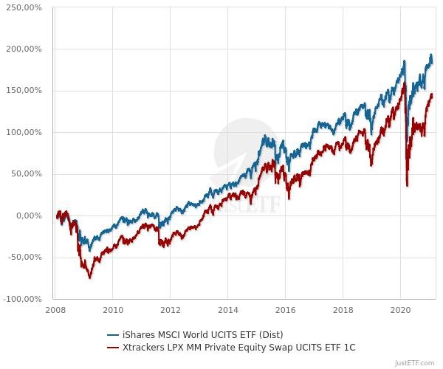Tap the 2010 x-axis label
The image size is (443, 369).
[113, 310]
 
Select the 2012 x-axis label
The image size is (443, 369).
[171, 310]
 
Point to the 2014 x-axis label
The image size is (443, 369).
[228, 310]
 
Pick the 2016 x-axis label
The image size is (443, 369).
[286, 310]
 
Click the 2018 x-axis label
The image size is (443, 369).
[343, 310]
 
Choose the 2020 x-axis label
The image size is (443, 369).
[400, 310]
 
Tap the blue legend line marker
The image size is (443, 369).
[113, 334]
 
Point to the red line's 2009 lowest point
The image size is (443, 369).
[90, 277]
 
